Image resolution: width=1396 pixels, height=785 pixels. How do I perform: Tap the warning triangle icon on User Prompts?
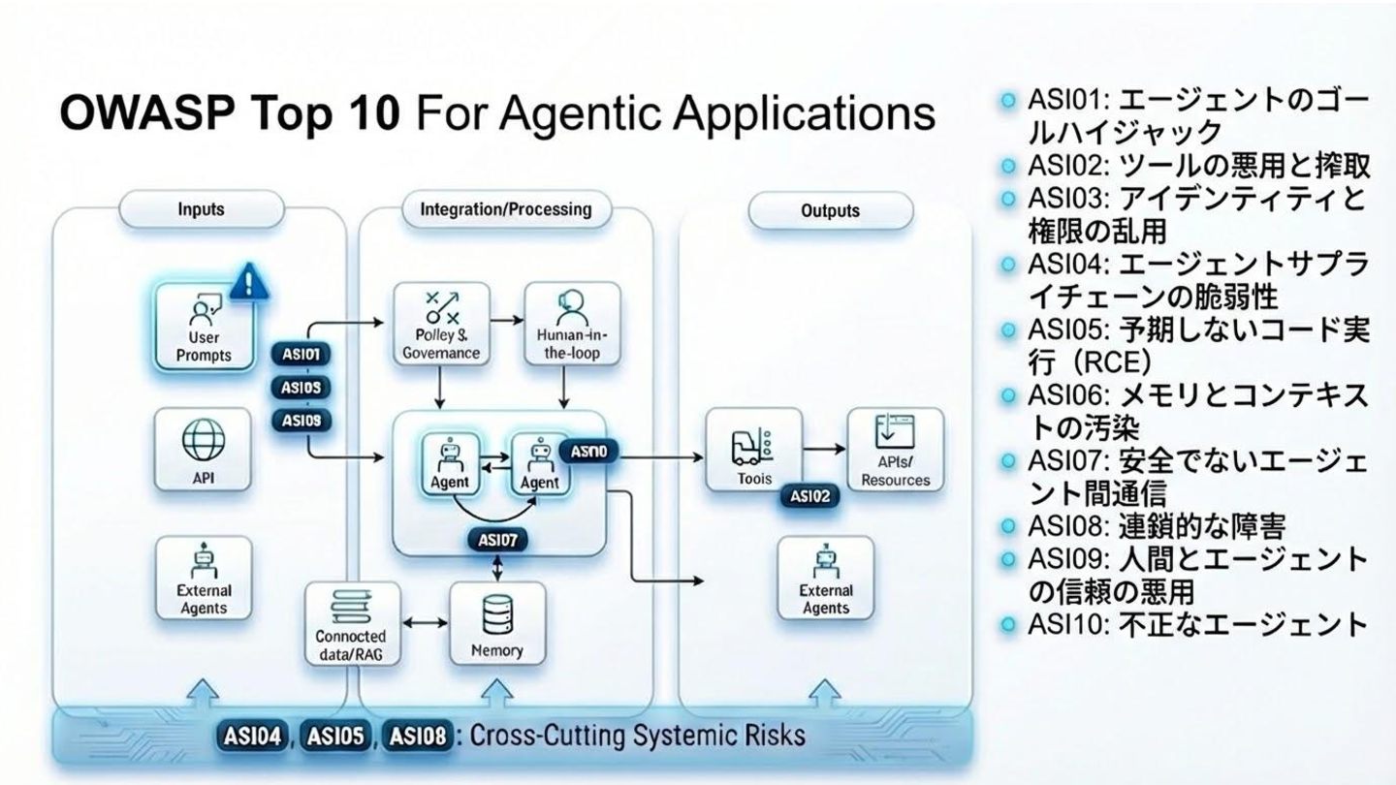(249, 281)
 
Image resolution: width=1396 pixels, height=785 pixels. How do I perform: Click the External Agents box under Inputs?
(204, 579)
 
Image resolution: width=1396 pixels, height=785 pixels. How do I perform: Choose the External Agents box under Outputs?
(825, 579)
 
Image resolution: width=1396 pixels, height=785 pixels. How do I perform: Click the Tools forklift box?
(753, 450)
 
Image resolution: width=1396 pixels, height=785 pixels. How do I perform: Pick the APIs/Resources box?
(895, 450)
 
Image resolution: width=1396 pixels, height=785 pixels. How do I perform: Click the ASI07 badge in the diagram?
(496, 540)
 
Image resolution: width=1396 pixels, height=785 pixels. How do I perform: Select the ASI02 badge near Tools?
(809, 496)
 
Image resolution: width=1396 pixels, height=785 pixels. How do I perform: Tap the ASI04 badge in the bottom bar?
(254, 736)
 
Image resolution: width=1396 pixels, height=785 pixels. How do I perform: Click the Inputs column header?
(202, 209)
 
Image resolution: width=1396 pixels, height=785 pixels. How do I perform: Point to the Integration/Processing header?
(505, 209)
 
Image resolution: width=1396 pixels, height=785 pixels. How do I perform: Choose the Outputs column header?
(830, 210)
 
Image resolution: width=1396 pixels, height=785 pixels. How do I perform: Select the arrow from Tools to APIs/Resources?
(824, 450)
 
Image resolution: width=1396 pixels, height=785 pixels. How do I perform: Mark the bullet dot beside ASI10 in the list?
(1010, 624)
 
